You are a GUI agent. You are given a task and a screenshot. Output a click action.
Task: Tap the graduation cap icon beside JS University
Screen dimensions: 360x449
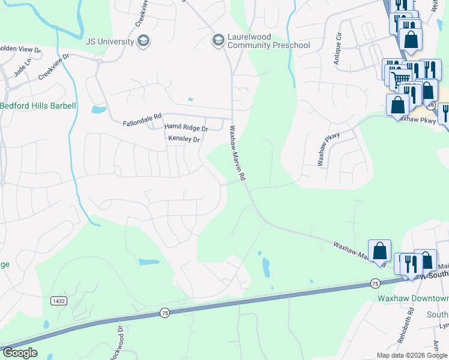[143, 41]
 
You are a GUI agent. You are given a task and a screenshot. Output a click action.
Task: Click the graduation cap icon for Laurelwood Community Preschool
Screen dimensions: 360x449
[217, 41]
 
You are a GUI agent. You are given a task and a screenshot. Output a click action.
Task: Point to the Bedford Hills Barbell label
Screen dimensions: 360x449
[38, 106]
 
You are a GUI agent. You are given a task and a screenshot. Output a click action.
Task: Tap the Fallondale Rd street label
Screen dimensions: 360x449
[142, 120]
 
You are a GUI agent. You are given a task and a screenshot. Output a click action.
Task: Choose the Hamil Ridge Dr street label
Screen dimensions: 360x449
[185, 128]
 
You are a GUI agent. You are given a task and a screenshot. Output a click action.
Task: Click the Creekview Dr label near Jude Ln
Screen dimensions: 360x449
[54, 67]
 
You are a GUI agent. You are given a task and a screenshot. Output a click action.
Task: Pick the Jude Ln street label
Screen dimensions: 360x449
[23, 70]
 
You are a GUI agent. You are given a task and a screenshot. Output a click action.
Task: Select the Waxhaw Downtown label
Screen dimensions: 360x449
[413, 297]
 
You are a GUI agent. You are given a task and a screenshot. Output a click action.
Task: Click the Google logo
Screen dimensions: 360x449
[20, 353]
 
